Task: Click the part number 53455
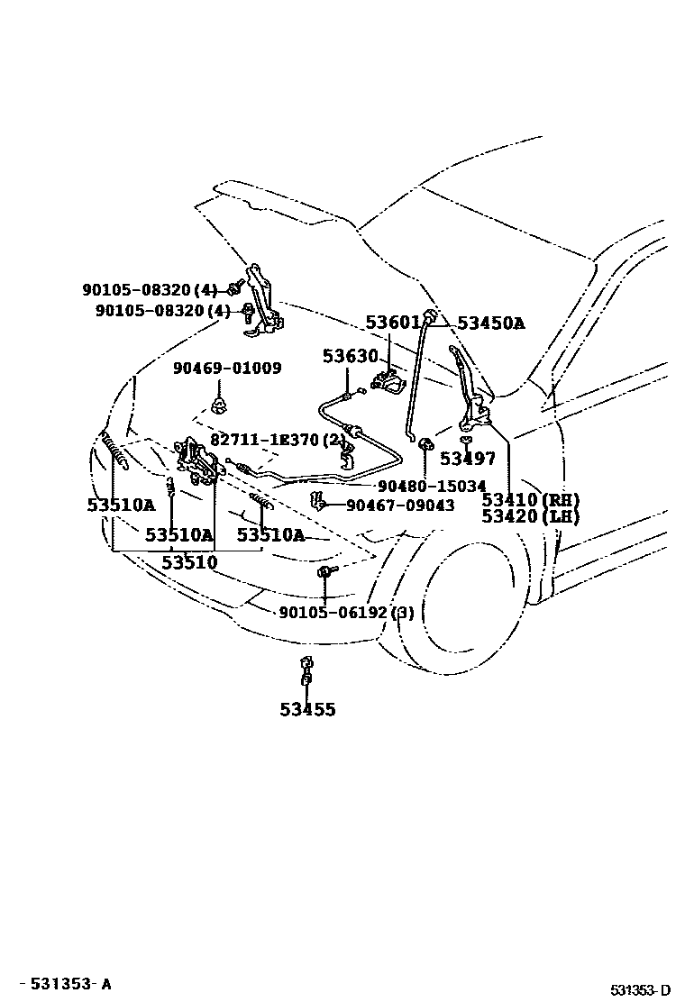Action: point(307,710)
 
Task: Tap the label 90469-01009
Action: point(227,369)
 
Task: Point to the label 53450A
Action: point(490,323)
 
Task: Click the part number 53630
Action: point(351,357)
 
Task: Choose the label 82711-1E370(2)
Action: point(278,440)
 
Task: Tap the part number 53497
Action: point(468,460)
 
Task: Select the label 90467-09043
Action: point(400,506)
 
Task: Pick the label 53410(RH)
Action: point(530,500)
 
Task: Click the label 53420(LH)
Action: point(530,517)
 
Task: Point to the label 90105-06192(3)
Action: point(346,613)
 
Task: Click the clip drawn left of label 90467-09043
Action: point(315,500)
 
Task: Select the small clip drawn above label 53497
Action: point(466,440)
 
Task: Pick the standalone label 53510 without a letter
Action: point(189,563)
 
